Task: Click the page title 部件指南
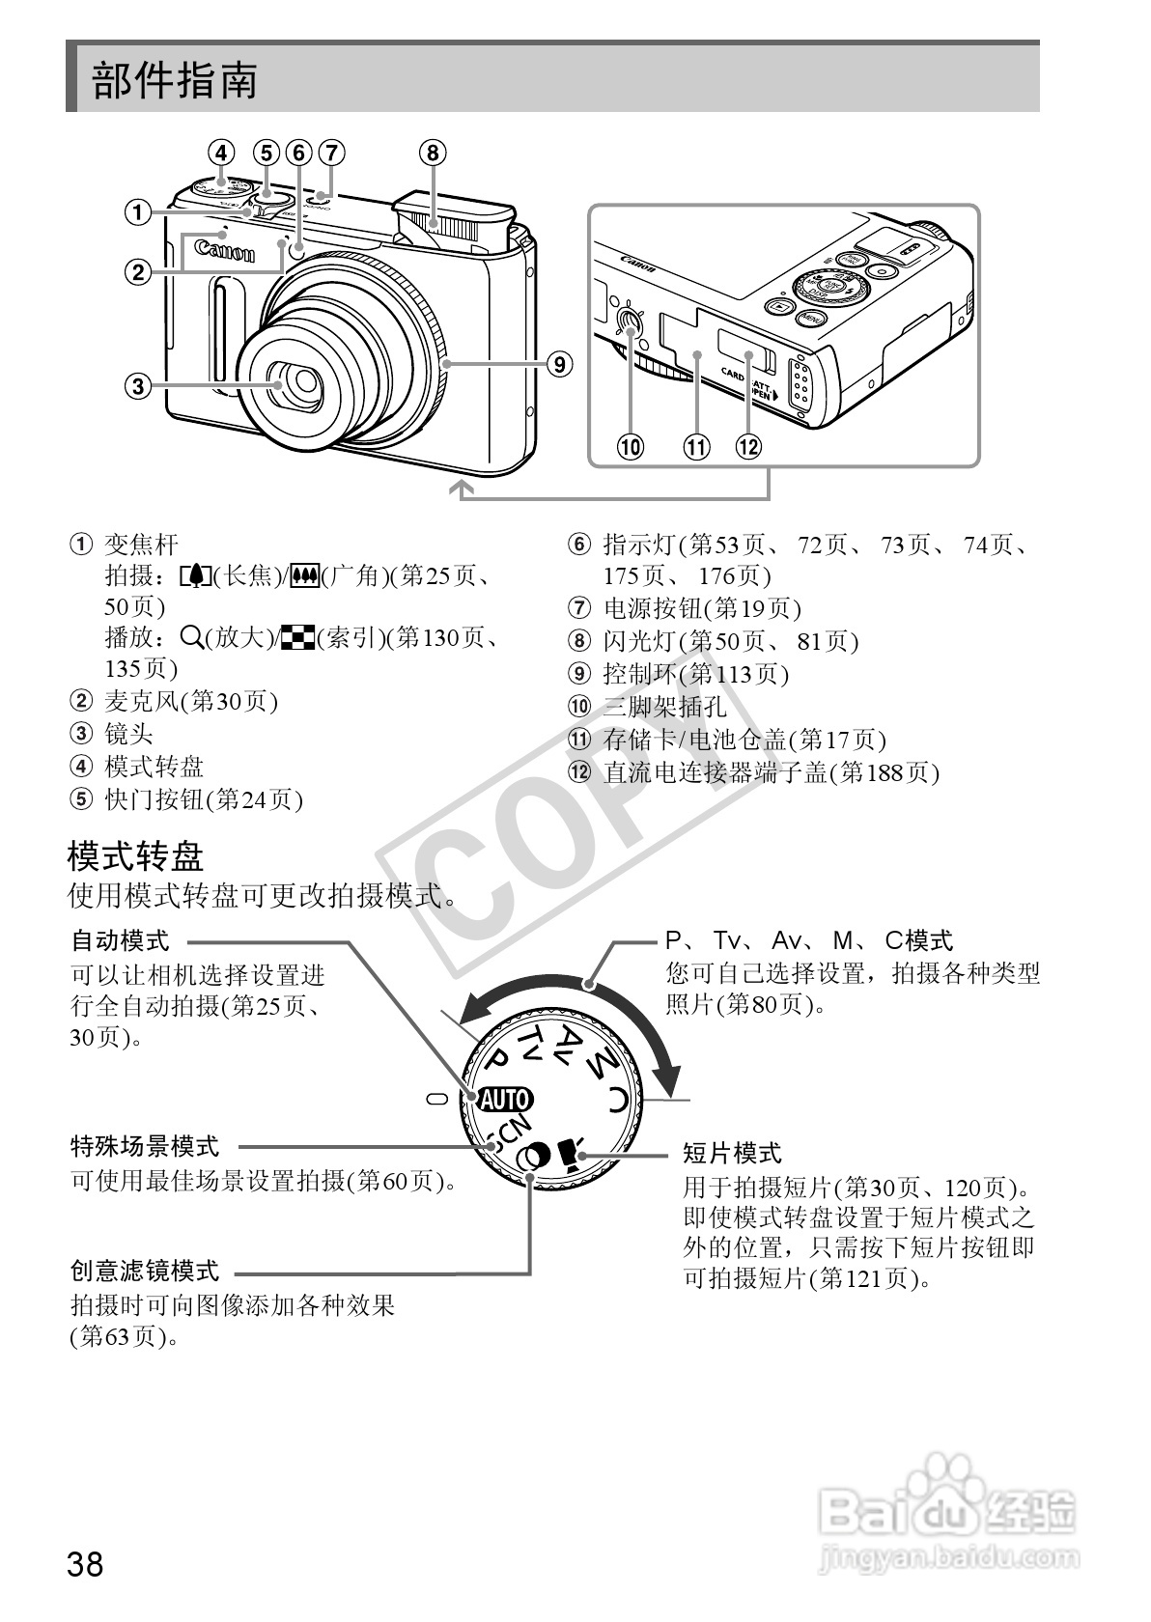(175, 80)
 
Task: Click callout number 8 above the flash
(432, 153)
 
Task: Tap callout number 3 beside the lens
(138, 386)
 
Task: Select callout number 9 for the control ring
(558, 364)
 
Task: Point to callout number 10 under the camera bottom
(630, 447)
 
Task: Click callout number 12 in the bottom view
(748, 447)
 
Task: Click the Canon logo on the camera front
(225, 251)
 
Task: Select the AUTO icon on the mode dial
(505, 1099)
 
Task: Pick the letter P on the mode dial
(496, 1060)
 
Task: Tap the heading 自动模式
(120, 939)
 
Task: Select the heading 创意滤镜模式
(145, 1271)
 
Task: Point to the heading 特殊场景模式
(145, 1146)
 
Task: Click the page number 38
(85, 1563)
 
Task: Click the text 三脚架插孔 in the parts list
(664, 707)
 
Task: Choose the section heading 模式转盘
(135, 855)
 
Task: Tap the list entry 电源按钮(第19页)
(702, 608)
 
